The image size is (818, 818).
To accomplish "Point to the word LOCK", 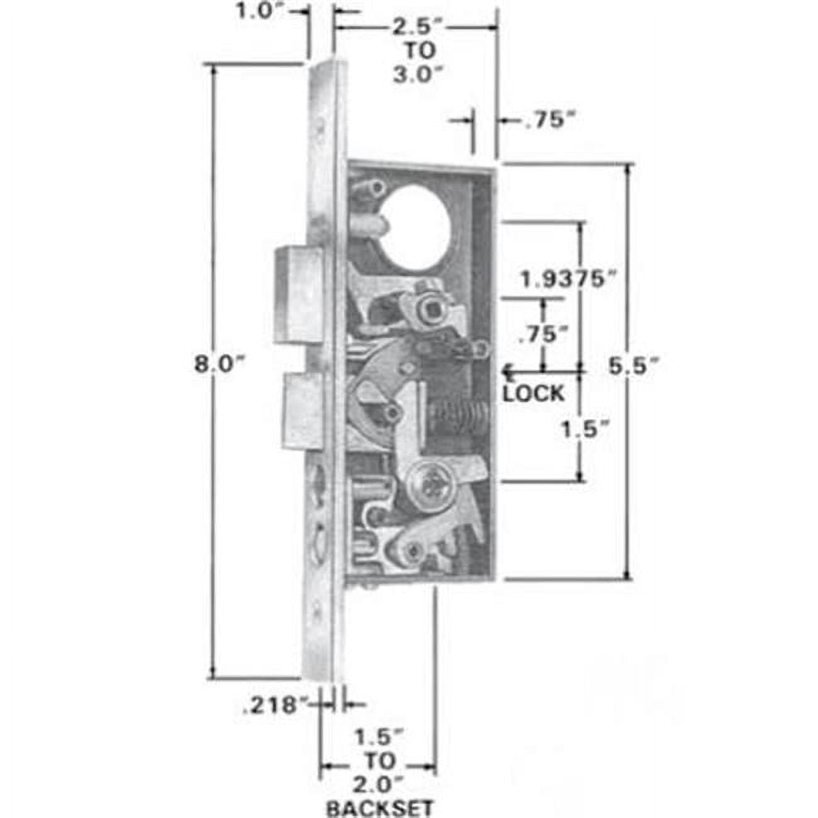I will (534, 394).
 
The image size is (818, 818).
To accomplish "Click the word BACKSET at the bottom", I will (379, 807).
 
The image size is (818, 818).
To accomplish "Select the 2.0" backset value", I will (379, 785).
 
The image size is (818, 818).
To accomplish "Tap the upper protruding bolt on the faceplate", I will (300, 294).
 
